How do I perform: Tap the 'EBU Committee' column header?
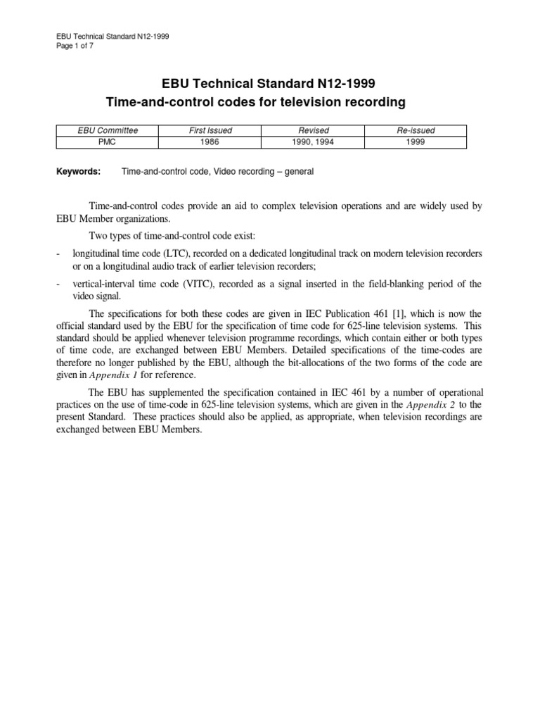(x=108, y=131)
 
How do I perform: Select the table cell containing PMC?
(x=108, y=142)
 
